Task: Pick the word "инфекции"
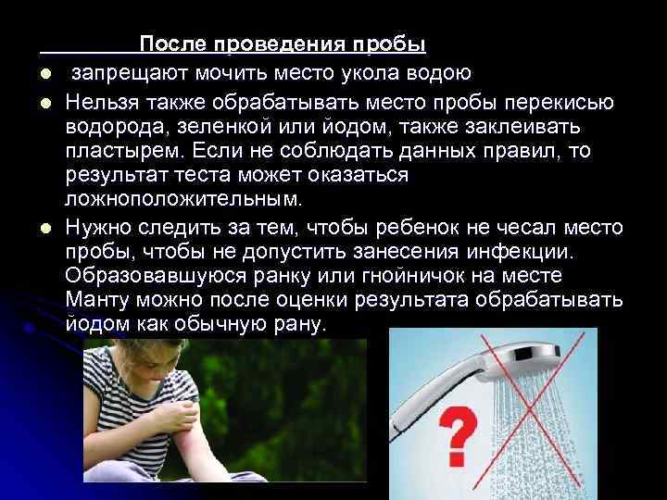524,251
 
